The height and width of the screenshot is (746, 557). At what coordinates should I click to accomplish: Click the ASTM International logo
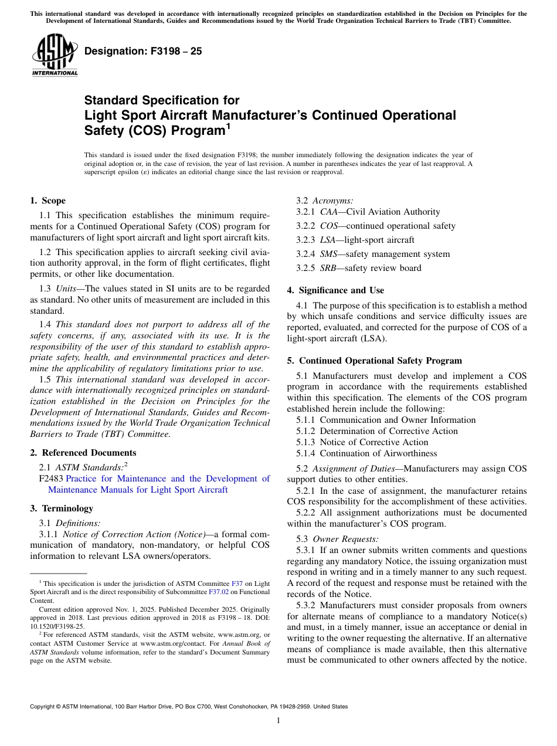pos(54,55)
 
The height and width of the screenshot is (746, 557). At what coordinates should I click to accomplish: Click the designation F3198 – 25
pos(143,52)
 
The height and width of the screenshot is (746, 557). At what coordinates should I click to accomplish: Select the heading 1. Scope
pos(48,201)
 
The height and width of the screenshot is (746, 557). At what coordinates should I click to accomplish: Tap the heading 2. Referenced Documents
pos(83,453)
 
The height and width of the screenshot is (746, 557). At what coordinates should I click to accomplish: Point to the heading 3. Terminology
pos(62,508)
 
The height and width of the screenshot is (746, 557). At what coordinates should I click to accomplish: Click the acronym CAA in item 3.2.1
pos(329,212)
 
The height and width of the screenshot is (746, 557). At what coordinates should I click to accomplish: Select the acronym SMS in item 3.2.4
pos(330,254)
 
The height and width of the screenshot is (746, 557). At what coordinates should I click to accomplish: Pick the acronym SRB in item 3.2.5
pos(329,268)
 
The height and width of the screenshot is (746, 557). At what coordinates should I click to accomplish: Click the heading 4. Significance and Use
pos(335,290)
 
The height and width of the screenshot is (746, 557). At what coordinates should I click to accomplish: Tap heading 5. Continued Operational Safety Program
pos(374,361)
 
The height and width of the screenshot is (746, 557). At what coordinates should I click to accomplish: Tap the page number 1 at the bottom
pos(278,721)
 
